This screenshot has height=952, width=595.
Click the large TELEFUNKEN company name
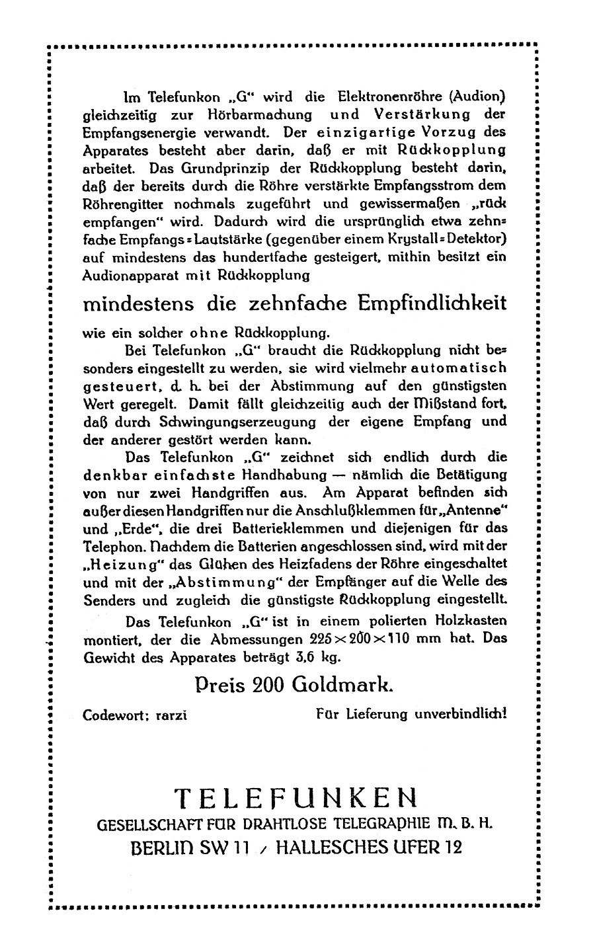[x=297, y=799]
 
